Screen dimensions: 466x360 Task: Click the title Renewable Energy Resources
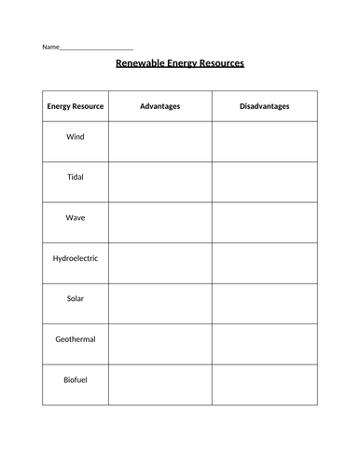[x=179, y=64]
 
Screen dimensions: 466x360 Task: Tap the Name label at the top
[x=49, y=47]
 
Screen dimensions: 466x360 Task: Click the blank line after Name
[x=96, y=48]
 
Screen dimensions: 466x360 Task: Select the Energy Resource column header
[x=76, y=106]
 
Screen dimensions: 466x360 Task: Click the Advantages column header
[x=159, y=106]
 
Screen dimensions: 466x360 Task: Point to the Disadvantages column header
[x=264, y=106]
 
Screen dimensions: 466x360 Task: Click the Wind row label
[x=76, y=136]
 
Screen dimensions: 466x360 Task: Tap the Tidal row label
[x=76, y=176]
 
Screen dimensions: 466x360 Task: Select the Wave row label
[x=76, y=217]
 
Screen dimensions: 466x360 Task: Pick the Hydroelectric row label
[x=76, y=257]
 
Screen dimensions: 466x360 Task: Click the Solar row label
[x=76, y=298]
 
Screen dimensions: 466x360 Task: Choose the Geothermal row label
[x=76, y=339]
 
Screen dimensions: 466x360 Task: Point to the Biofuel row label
[x=76, y=379]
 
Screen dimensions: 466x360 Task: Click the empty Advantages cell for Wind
[x=159, y=142]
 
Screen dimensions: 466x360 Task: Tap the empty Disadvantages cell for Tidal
[x=264, y=182]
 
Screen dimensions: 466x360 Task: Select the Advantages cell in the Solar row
[x=159, y=304]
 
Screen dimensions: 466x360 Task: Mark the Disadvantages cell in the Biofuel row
[x=264, y=385]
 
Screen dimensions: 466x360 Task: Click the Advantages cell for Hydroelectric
[x=159, y=263]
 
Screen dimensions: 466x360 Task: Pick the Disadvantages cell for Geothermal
[x=264, y=344]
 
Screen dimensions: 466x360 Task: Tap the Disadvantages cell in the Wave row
[x=264, y=223]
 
